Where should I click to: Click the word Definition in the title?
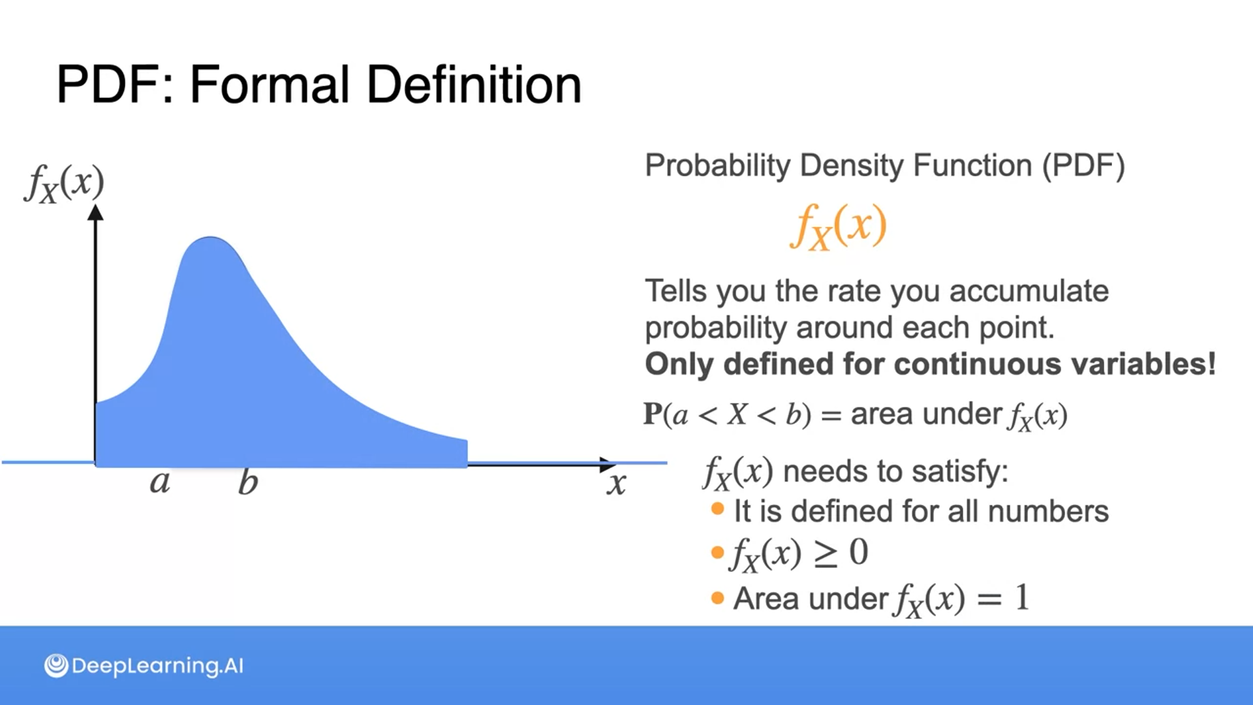474,85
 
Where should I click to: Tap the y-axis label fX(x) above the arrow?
64,183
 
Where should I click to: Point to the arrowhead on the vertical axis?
96,212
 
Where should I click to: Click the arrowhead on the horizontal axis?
608,465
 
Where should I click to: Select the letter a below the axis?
160,483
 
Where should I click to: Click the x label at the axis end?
617,484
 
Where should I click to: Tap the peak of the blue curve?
210,238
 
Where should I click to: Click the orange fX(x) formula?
839,226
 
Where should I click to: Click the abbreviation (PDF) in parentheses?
1083,166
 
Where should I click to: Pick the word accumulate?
1029,291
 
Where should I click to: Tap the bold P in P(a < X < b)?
653,414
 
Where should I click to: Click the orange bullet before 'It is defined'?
718,509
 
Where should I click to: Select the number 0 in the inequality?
859,552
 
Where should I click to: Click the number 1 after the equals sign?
1023,597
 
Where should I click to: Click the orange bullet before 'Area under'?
718,598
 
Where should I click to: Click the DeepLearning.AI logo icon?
56,666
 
